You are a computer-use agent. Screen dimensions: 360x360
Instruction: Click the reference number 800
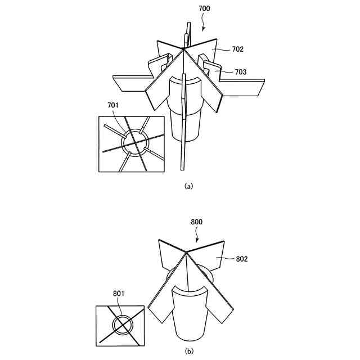196,222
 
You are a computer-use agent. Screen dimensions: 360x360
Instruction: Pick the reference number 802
241,259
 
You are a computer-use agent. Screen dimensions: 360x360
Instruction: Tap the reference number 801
119,293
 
